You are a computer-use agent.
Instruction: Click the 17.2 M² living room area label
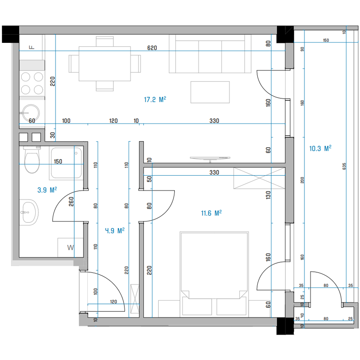pos(155,99)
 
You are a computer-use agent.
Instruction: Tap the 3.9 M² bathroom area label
pos(47,190)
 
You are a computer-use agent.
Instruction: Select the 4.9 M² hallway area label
pos(115,230)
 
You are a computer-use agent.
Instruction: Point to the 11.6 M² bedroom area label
pos(211,213)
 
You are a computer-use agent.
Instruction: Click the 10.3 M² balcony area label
pos(320,148)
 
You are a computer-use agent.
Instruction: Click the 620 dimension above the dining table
pos(152,48)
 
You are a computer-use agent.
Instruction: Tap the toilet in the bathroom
pos(32,159)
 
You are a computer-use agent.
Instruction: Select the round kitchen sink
pos(31,113)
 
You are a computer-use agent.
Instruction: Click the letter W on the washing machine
pos(71,248)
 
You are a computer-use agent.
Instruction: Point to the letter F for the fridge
pos(32,47)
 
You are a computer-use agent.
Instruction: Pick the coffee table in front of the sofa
pos(210,92)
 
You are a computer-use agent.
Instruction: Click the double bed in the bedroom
pos(214,274)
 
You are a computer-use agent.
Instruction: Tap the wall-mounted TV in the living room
pos(210,158)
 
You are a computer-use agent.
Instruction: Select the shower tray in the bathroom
pos(66,163)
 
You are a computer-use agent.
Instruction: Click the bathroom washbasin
pos(29,212)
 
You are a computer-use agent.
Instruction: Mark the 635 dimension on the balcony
pos(344,166)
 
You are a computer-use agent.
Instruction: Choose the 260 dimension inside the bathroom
pos(71,202)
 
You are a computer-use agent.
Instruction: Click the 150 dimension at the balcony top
pos(326,40)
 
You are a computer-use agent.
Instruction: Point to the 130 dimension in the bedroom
pos(268,195)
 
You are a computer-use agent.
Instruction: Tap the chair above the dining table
pos(105,41)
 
